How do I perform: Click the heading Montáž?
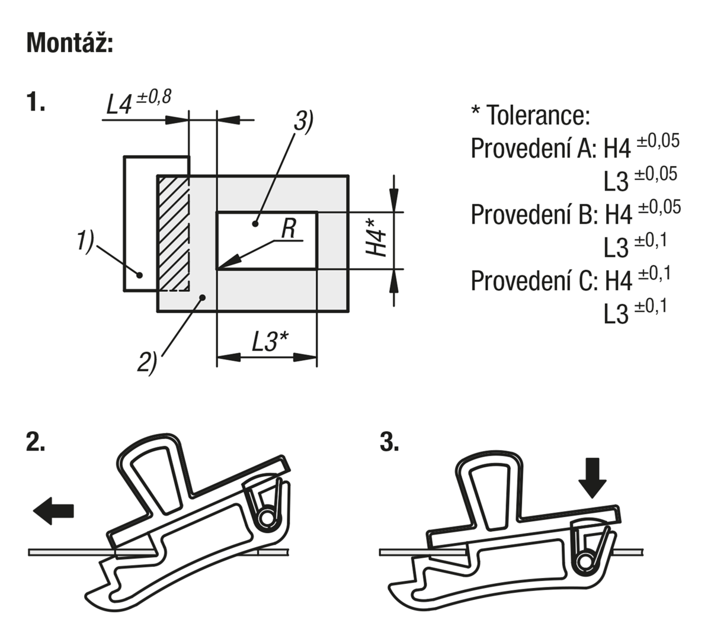[70, 43]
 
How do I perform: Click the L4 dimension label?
[118, 104]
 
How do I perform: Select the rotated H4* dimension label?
[376, 237]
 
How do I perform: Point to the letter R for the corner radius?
[289, 229]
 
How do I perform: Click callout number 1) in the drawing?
[85, 241]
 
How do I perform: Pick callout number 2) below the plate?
[147, 362]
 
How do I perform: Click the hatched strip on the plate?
[174, 233]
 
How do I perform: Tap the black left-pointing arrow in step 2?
[53, 511]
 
